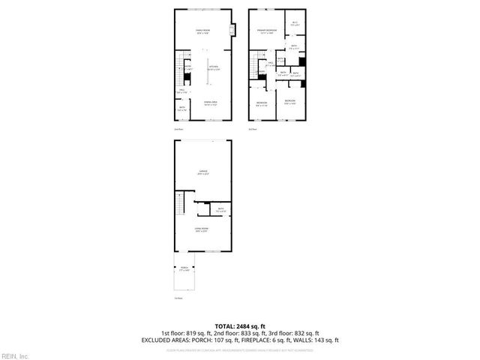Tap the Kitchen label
pos(212,67)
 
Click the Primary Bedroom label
pos(267,31)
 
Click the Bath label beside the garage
pos(220,210)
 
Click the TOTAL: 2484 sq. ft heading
pos(240,325)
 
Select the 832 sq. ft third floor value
pos(306,332)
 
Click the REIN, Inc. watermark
pos(15,355)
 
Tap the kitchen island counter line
pos(201,71)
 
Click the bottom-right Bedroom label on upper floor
pos(289,101)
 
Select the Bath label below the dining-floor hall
pos(182,108)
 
